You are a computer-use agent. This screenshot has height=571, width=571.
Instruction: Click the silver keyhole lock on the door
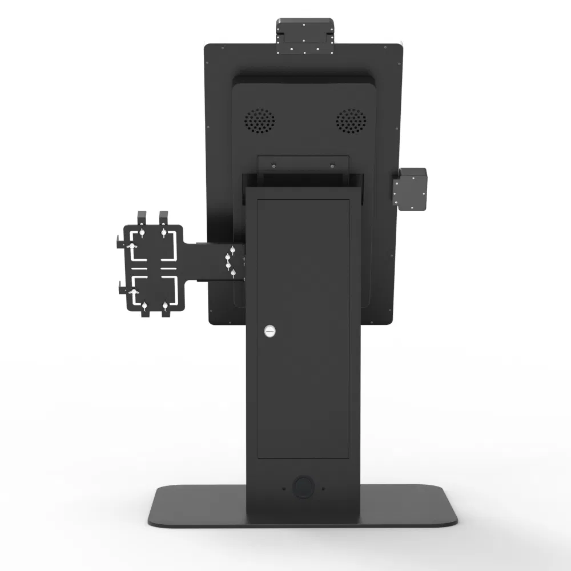pyautogui.click(x=270, y=331)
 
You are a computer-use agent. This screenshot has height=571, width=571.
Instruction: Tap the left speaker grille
pyautogui.click(x=260, y=121)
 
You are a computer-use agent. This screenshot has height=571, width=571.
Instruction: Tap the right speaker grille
pyautogui.click(x=350, y=121)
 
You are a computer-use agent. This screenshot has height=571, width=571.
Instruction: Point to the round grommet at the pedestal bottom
pyautogui.click(x=303, y=488)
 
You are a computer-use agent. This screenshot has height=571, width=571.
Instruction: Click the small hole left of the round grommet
pyautogui.click(x=283, y=488)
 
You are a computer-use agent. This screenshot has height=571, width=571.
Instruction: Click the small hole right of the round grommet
pyautogui.click(x=323, y=488)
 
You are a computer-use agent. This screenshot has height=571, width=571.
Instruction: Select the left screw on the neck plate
pyautogui.click(x=273, y=166)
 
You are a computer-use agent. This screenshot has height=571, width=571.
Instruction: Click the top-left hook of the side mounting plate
pyautogui.click(x=141, y=218)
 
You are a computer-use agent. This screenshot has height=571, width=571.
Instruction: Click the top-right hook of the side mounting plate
pyautogui.click(x=164, y=218)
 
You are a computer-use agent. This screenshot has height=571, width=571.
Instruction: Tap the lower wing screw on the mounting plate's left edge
pyautogui.click(x=133, y=292)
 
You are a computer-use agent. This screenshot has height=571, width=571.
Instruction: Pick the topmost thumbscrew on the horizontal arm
pyautogui.click(x=232, y=250)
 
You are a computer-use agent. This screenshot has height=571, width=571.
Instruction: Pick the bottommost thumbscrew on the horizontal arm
pyautogui.click(x=233, y=273)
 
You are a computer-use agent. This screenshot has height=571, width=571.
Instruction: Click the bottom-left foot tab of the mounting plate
pyautogui.click(x=144, y=310)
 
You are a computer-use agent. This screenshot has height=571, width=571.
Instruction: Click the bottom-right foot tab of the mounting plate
pyautogui.click(x=165, y=310)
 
